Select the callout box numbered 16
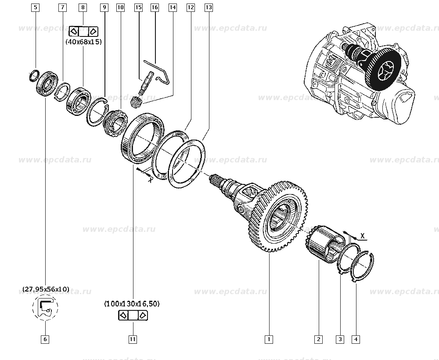click(154, 7)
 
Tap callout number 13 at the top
click(209, 7)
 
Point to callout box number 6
click(45, 339)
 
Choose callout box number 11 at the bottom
click(133, 339)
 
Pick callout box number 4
click(356, 339)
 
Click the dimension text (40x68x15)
click(83, 42)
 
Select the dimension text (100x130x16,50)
click(132, 303)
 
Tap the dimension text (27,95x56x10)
click(46, 289)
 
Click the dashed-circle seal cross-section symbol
click(45, 307)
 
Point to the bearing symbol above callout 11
click(133, 315)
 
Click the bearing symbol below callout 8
click(83, 31)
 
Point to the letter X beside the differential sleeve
click(363, 236)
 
